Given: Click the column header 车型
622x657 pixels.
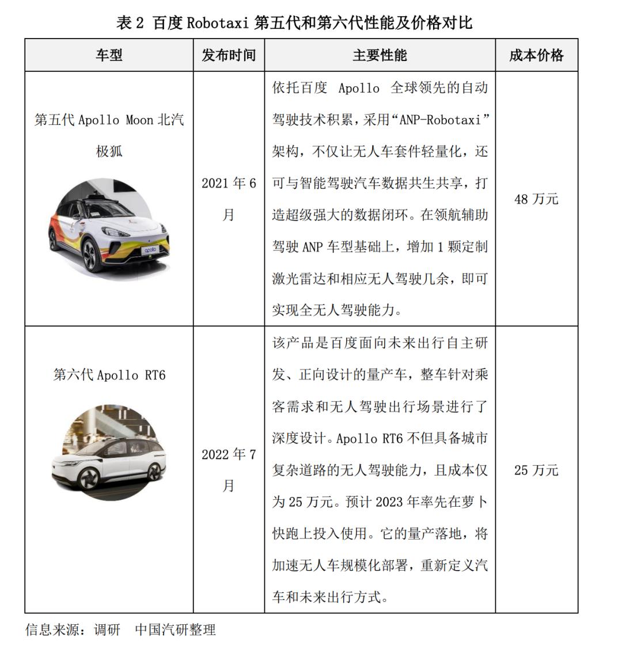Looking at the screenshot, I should [x=109, y=55].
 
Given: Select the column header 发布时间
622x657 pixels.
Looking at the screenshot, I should [x=229, y=55].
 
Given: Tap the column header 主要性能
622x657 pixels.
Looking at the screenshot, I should [x=380, y=55].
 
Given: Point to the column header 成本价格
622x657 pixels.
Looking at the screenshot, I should [x=536, y=55].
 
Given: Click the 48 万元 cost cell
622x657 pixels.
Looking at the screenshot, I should [x=536, y=199].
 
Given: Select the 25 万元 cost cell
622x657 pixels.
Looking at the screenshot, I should [x=536, y=470].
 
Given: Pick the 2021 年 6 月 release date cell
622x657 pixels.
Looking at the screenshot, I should [x=229, y=199].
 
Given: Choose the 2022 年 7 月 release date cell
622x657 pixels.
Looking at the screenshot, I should [x=229, y=470].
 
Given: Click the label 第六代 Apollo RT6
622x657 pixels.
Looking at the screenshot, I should [x=109, y=375].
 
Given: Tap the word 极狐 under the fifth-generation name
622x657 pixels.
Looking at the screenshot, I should [x=109, y=151].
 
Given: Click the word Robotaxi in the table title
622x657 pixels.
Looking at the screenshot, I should [x=218, y=23].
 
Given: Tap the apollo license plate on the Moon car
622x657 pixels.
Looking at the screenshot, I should [x=150, y=250].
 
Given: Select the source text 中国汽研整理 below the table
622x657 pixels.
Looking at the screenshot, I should [x=175, y=629].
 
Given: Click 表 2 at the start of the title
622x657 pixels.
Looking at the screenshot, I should [x=130, y=23].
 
